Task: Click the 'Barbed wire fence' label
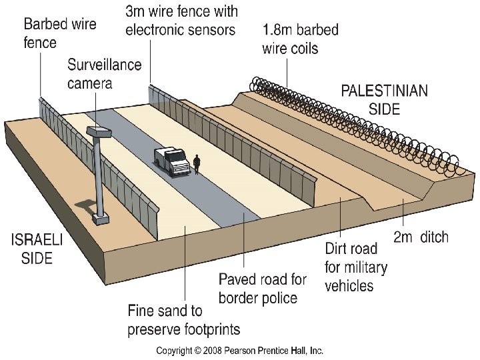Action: [60, 33]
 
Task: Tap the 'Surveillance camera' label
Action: [105, 73]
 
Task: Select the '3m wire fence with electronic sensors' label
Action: [181, 20]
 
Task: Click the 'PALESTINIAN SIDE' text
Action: [385, 99]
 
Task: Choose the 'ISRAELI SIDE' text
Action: [36, 248]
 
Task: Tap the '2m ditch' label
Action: [421, 237]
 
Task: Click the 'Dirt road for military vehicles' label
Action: [355, 267]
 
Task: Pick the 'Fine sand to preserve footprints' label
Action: [184, 320]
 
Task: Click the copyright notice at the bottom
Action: [239, 350]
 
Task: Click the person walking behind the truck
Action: [197, 163]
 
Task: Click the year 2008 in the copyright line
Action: [207, 350]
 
